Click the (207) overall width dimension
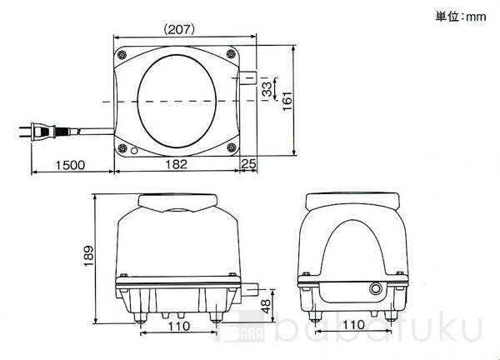click(x=179, y=30)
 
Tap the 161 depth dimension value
click(x=287, y=101)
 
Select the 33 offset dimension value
click(x=267, y=89)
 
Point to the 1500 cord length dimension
click(x=71, y=165)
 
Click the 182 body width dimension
click(x=177, y=164)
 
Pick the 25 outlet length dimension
click(x=248, y=164)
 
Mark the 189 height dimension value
click(x=88, y=256)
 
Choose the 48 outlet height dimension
click(x=267, y=306)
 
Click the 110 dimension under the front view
click(x=179, y=326)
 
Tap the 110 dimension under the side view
click(x=353, y=325)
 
